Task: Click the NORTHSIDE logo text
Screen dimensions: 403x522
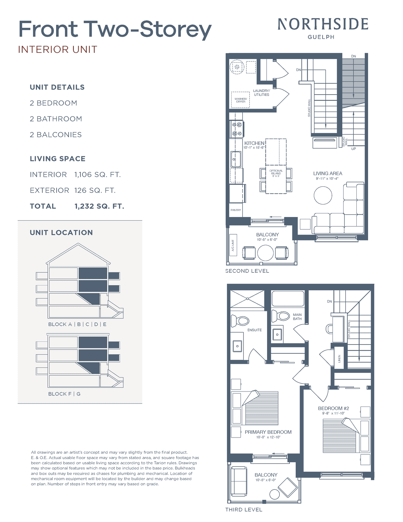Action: pos(323,24)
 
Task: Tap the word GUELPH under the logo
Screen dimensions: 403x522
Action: pos(321,37)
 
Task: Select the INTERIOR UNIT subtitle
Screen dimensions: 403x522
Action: pos(58,50)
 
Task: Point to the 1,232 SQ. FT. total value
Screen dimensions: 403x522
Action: pos(99,206)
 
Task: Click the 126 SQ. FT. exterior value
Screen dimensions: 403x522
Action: pos(95,190)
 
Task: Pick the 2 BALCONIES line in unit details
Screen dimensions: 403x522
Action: pos(56,134)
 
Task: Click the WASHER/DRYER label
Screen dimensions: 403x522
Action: pos(241,100)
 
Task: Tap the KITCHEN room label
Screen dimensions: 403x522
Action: pos(254,143)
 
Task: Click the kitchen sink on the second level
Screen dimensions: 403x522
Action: pos(236,159)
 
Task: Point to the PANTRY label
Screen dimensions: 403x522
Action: pos(236,210)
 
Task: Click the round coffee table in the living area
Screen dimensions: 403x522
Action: pos(323,195)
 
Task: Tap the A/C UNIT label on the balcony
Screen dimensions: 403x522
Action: pos(232,245)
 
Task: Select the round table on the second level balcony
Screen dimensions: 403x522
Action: pos(265,253)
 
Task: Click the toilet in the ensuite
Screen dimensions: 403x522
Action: pos(240,321)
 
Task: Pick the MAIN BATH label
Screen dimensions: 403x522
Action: pos(297,316)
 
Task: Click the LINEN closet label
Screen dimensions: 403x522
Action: pos(339,359)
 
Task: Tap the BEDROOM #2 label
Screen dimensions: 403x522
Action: pos(334,408)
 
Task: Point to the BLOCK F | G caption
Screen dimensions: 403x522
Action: pos(64,394)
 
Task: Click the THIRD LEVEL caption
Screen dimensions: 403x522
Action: pos(244,510)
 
